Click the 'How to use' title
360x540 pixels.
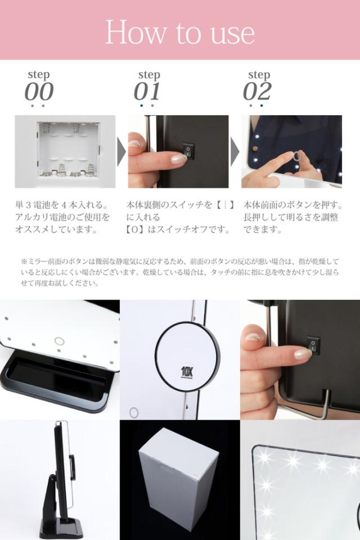coord(180,32)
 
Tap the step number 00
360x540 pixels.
coord(39,91)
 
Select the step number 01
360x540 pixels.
coord(147,91)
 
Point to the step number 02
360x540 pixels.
coord(257,91)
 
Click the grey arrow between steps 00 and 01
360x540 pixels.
coord(121,151)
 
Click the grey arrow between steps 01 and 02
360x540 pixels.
coord(235,151)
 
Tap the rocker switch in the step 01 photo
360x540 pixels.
coord(188,151)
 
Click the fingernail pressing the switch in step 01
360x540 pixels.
coord(178,159)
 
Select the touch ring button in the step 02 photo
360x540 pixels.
coord(296,156)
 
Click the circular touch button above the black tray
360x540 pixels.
coord(60,341)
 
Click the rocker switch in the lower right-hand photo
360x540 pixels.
coord(313,346)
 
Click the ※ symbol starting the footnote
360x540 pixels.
coord(24,262)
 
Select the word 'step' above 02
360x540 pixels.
coord(259,74)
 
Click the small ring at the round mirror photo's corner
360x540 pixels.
coord(134,412)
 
